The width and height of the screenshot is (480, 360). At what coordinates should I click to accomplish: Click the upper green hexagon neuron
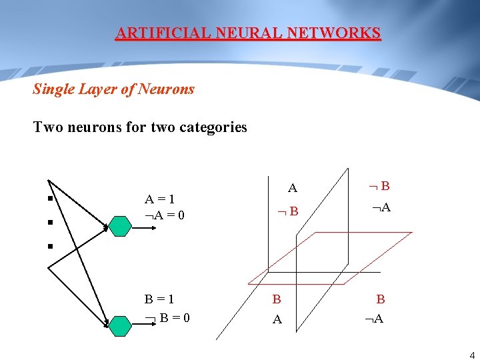pyautogui.click(x=120, y=227)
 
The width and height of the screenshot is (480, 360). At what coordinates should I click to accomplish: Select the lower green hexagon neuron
pyautogui.click(x=120, y=325)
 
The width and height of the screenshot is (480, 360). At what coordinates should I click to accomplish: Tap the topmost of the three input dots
pyautogui.click(x=49, y=198)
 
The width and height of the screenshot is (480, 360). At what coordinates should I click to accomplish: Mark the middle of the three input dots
pyautogui.click(x=49, y=223)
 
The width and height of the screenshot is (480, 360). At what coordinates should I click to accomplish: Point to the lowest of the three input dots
pyautogui.click(x=49, y=247)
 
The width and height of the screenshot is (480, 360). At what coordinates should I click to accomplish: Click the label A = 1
pyautogui.click(x=161, y=199)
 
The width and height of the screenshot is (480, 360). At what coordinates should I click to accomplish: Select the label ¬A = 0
pyautogui.click(x=165, y=215)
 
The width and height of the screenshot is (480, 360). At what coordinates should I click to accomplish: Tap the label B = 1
pyautogui.click(x=161, y=300)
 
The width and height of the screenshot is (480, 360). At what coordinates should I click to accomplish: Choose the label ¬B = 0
pyautogui.click(x=168, y=317)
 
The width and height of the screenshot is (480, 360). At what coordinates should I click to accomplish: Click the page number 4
pyautogui.click(x=472, y=355)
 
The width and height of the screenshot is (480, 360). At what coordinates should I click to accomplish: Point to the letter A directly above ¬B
pyautogui.click(x=292, y=189)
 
